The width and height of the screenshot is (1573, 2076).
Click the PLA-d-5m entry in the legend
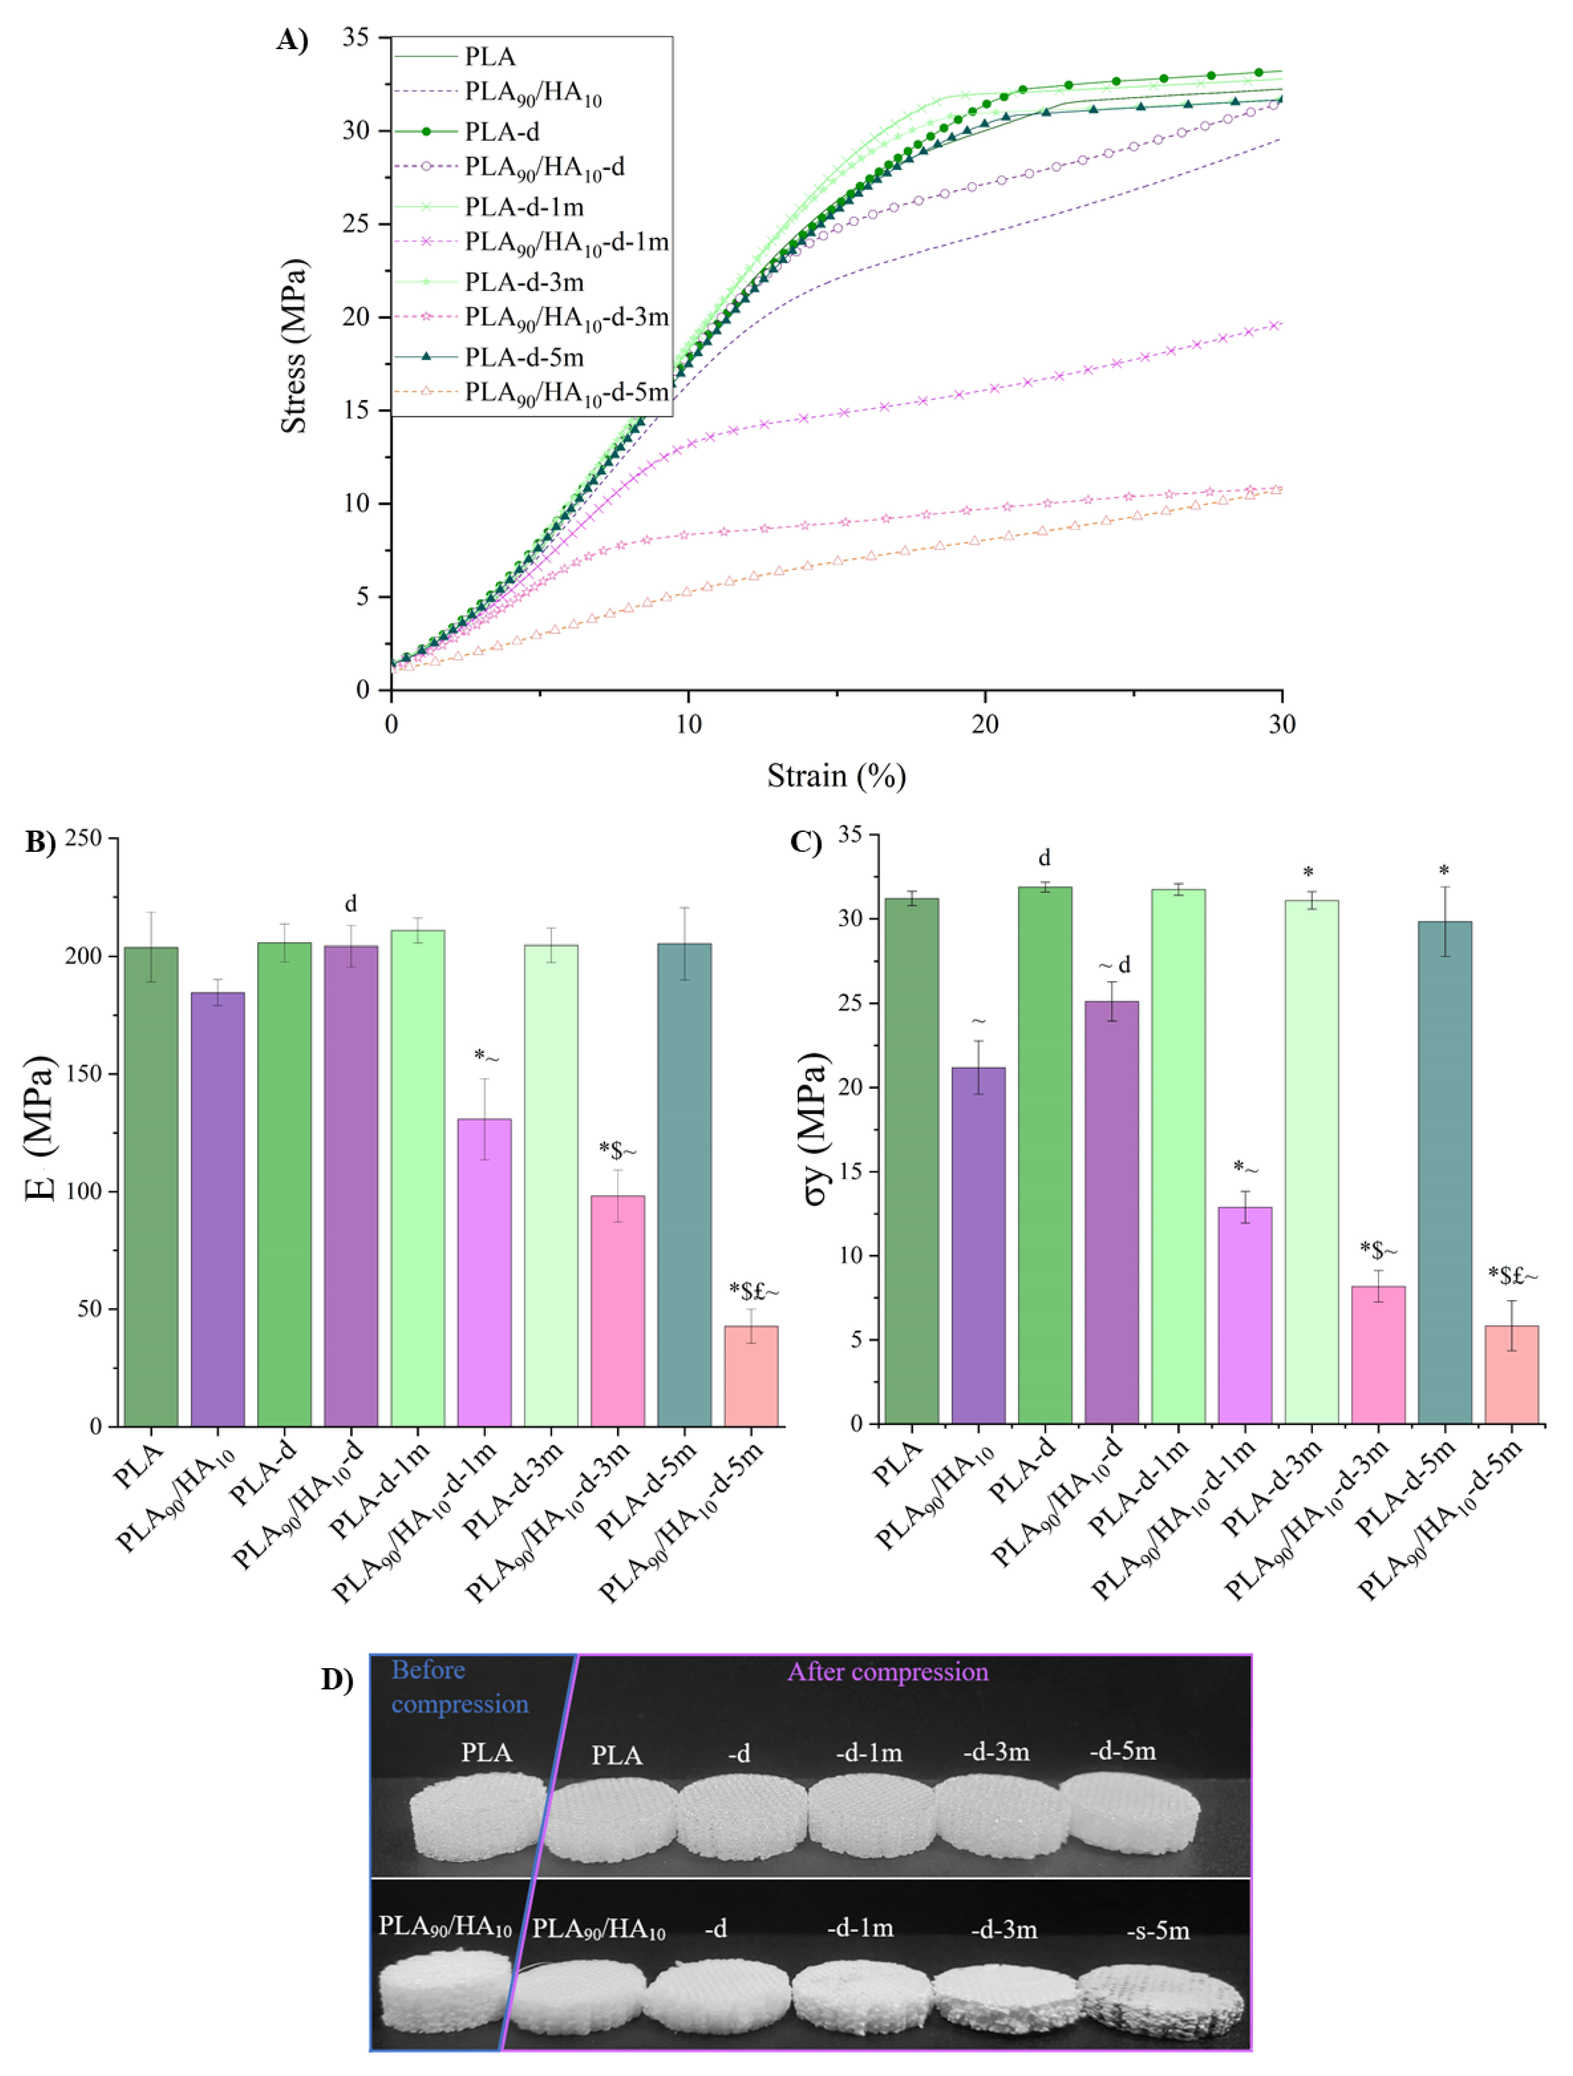524,357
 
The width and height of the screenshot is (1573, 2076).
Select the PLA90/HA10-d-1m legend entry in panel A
566,243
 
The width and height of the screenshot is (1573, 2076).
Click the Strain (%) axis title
835,776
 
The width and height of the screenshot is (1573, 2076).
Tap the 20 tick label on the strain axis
985,724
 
